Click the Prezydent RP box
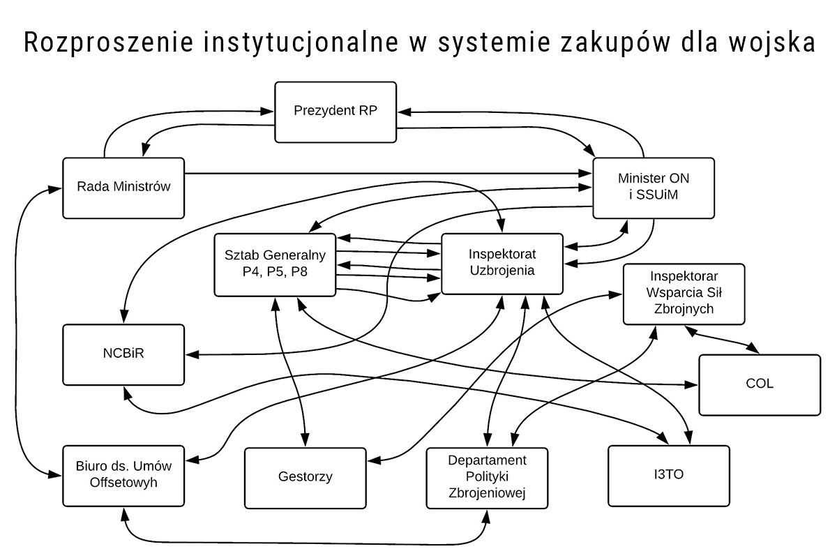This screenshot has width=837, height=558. point(335,112)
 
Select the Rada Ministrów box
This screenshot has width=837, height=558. point(123,187)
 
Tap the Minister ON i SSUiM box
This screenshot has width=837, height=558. point(654,186)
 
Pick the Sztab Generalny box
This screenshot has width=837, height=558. point(276,264)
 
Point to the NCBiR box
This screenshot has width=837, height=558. point(123,354)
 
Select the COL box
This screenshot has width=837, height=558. point(759,384)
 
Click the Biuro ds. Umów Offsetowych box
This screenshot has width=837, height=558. point(123,475)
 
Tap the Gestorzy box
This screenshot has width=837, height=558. point(305,477)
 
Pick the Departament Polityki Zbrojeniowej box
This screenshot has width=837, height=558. point(487,477)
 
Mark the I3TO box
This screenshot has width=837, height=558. point(669,476)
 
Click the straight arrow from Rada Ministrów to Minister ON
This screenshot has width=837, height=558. point(384,173)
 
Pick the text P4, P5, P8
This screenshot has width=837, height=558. point(276,272)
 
